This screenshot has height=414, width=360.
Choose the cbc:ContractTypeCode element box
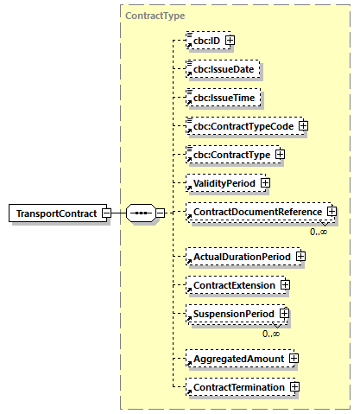click(x=241, y=125)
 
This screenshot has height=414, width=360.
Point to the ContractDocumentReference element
click(x=256, y=211)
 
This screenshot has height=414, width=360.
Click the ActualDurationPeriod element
click(x=241, y=256)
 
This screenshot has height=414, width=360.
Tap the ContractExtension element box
click(x=233, y=284)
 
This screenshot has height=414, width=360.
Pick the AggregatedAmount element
click(x=237, y=357)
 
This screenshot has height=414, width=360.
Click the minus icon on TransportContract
click(x=105, y=213)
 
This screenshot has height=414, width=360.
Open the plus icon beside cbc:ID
click(x=230, y=40)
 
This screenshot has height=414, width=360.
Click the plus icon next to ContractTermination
click(x=294, y=387)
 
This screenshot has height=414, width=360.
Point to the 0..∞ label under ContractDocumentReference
click(x=319, y=232)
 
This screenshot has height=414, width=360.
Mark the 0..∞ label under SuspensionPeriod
click(x=272, y=334)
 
